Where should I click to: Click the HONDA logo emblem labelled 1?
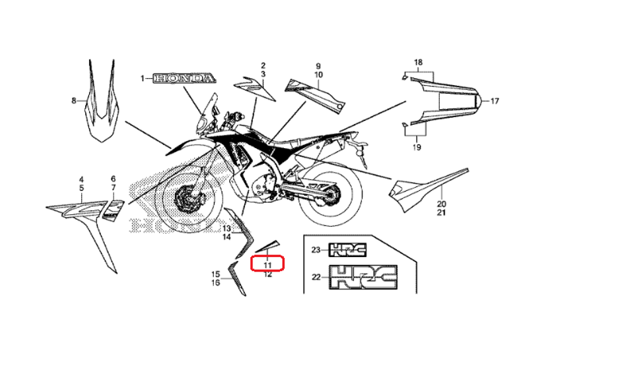pos(184,79)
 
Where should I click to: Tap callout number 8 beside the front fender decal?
pos(74,101)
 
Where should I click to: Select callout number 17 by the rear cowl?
pos(495,101)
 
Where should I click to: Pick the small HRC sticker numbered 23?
pos(348,250)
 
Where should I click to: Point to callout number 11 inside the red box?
pos(268,265)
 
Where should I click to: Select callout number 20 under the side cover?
pos(442,204)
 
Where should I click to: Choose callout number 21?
pos(442,213)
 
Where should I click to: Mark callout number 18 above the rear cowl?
pos(418,62)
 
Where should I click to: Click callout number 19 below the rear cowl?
pos(416,147)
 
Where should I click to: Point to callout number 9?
pos(318,66)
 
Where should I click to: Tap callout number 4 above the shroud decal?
pos(81,179)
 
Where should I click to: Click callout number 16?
pos(215,283)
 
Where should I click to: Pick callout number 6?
pos(114,179)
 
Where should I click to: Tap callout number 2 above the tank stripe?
pos(263,66)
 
